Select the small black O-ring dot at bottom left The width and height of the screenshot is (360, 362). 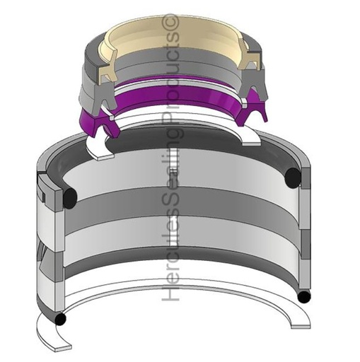(60, 320)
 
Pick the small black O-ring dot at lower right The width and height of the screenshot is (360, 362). (304, 297)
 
